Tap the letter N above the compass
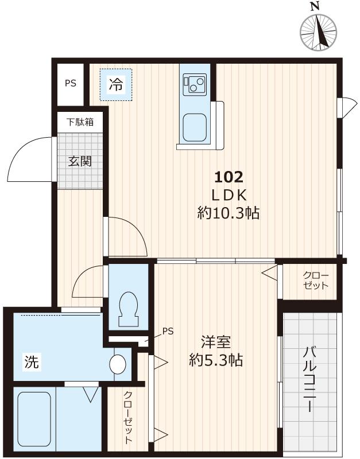coord(314,6)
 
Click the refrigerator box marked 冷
coord(116,85)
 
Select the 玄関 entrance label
coord(80,162)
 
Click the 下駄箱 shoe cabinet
coord(80,122)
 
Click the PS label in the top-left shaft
coord(70,83)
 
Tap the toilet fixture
coord(127,310)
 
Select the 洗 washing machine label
coord(32,363)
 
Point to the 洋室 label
coord(216,343)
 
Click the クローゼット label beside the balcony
coord(316,280)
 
